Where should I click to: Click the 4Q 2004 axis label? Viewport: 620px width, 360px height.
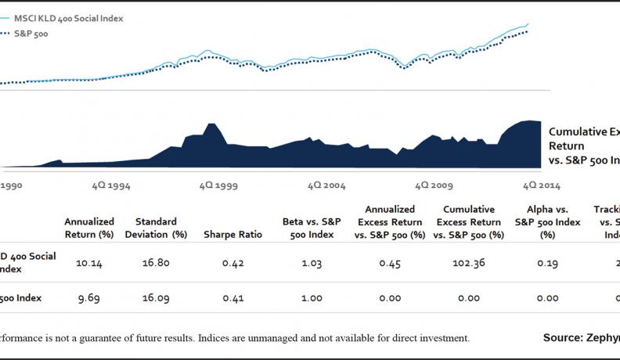pyautogui.click(x=326, y=186)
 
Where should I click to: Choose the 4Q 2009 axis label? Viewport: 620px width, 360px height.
pyautogui.click(x=434, y=186)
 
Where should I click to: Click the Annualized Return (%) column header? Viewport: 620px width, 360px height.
pyautogui.click(x=88, y=228)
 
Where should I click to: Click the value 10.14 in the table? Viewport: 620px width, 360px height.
pyautogui.click(x=88, y=264)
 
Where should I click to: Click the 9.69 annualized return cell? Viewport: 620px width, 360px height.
pyautogui.click(x=88, y=298)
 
